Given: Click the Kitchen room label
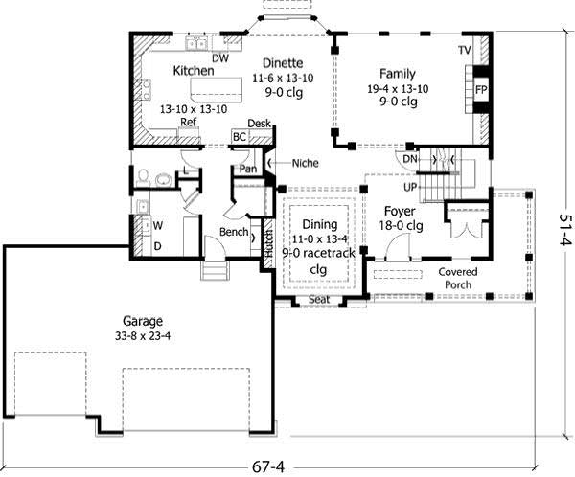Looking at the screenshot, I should (193, 71).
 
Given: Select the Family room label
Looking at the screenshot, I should (397, 73).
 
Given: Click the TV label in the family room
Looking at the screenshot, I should (464, 49).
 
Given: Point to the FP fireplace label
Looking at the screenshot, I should (480, 89).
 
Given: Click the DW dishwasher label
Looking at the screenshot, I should (219, 58).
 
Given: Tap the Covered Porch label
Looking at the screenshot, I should (459, 278).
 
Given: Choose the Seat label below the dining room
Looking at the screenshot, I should (319, 301).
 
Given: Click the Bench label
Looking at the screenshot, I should (234, 232).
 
